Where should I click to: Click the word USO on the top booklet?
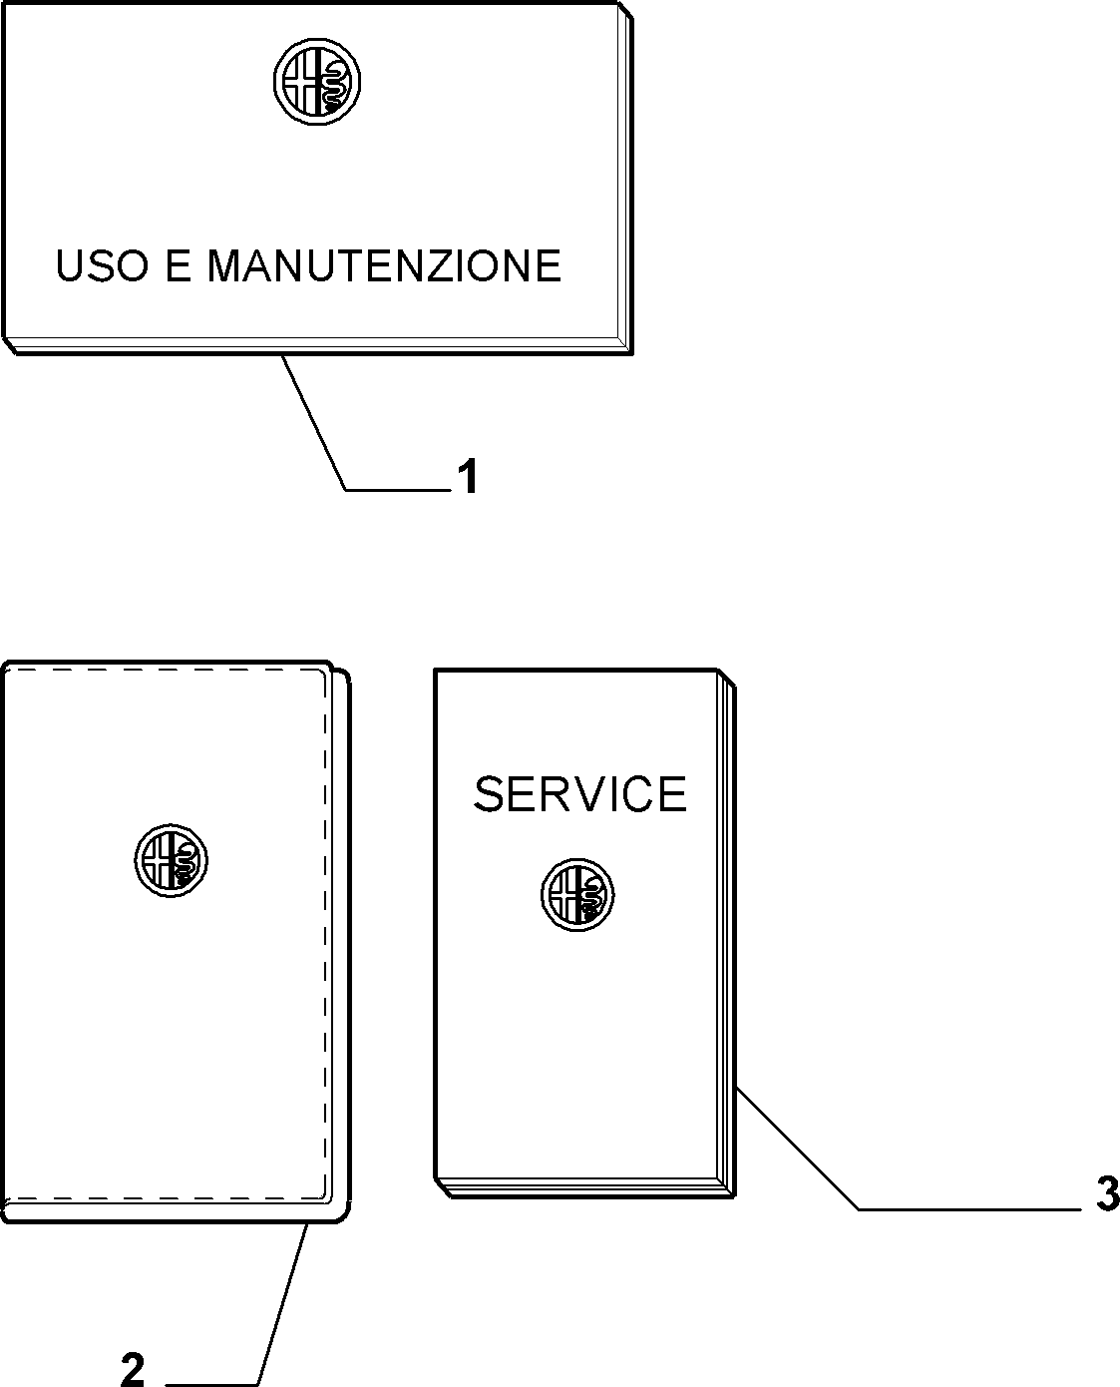point(102,265)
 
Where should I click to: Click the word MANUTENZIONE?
point(384,265)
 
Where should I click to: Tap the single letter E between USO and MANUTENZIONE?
point(179,265)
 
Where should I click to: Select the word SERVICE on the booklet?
point(579,794)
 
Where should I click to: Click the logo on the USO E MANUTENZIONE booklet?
point(317,82)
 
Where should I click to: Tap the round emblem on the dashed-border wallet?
point(172,861)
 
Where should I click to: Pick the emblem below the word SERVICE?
point(577,895)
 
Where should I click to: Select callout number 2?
point(133,1369)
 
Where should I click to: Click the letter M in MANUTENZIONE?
point(224,265)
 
